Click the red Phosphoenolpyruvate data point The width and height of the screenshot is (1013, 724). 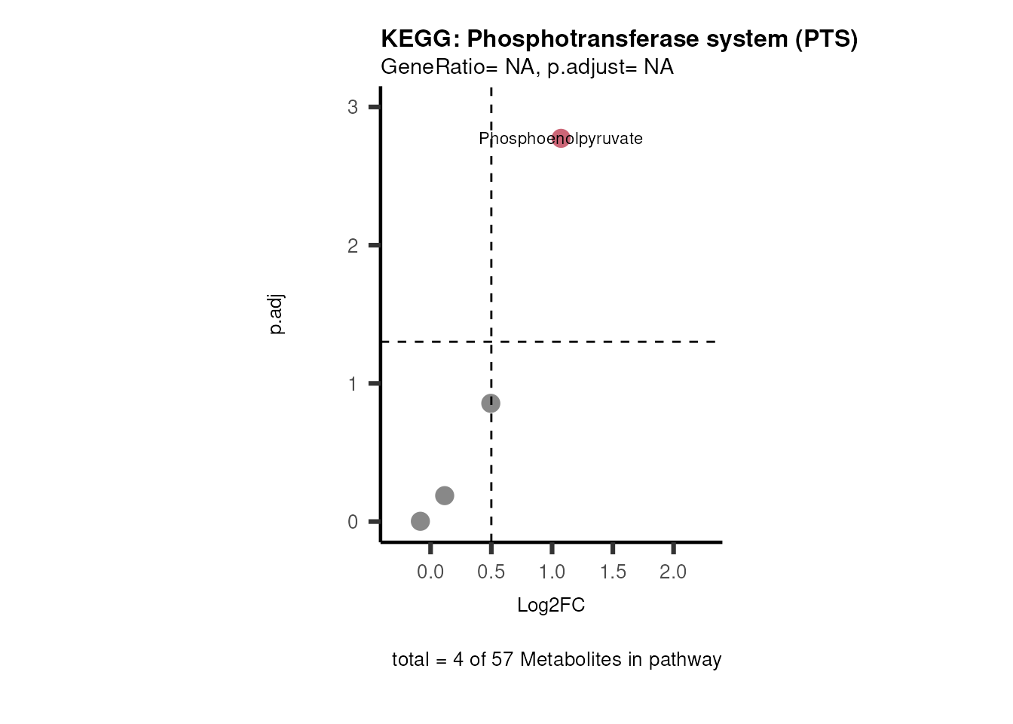tap(561, 139)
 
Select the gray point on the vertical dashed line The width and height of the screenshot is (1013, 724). tap(491, 403)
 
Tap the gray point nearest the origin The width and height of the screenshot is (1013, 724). tap(421, 521)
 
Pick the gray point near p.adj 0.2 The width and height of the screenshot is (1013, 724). tap(445, 495)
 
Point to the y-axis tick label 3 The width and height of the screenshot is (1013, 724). tap(353, 107)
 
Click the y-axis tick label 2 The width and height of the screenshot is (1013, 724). tap(353, 246)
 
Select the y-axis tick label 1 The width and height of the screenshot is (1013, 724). tap(353, 384)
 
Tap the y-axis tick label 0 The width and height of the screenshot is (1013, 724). tap(353, 522)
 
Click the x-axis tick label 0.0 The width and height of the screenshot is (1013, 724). tap(430, 572)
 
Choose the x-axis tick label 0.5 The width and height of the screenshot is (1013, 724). tap(491, 572)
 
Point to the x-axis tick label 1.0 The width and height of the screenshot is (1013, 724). tap(552, 572)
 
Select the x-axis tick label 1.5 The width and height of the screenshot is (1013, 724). tap(614, 572)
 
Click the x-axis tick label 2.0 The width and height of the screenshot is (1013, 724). tap(673, 572)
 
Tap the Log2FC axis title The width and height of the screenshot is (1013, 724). tap(551, 606)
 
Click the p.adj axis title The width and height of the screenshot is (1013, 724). tap(277, 315)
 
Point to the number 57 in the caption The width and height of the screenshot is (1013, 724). tap(502, 660)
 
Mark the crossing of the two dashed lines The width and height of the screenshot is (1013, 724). tap(491, 342)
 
